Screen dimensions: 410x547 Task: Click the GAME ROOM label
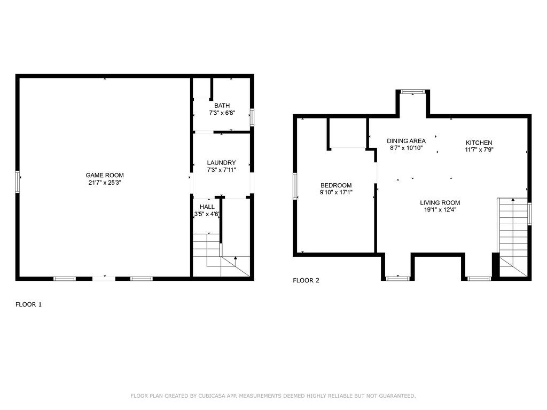(x=105, y=175)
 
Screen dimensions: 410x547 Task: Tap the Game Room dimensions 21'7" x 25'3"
(x=105, y=183)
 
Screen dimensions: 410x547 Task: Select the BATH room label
(x=222, y=106)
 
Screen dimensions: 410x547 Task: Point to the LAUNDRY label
(x=222, y=163)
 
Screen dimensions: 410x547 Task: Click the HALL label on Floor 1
(x=207, y=207)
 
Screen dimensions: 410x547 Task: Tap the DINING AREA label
(x=406, y=141)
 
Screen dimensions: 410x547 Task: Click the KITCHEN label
(x=479, y=143)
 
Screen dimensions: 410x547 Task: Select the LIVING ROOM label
(x=440, y=202)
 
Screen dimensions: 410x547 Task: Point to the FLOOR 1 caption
(x=28, y=304)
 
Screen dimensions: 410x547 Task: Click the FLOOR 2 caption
(x=306, y=280)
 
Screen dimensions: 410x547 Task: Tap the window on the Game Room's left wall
(x=18, y=182)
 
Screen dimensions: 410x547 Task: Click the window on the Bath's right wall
(x=252, y=116)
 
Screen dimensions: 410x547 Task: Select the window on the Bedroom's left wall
(x=295, y=186)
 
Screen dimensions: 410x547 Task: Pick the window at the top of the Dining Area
(x=413, y=92)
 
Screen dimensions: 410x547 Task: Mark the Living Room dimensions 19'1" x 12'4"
(x=440, y=210)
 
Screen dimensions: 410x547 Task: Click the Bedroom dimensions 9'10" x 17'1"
(x=336, y=193)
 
